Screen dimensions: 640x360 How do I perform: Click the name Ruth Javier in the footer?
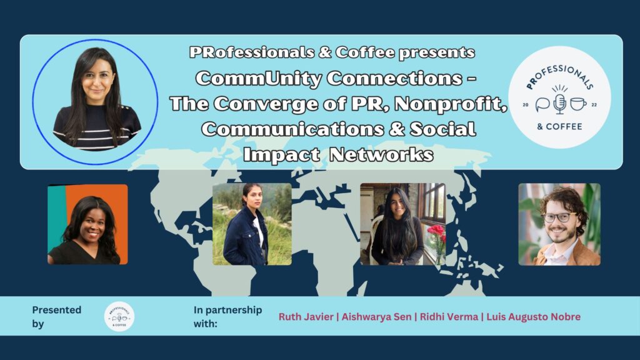click(x=306, y=317)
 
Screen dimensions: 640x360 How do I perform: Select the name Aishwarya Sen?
click(x=376, y=317)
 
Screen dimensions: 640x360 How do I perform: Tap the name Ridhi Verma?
click(x=449, y=317)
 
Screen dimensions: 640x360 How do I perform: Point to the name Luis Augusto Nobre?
click(x=534, y=317)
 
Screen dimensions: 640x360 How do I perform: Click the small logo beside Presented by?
click(x=119, y=317)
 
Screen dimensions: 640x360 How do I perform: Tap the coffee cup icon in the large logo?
click(x=578, y=104)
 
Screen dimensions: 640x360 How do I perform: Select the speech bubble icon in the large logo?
click(x=543, y=104)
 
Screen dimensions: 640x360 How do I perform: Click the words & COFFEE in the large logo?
click(x=559, y=126)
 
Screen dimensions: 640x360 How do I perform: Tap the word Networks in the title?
click(x=381, y=154)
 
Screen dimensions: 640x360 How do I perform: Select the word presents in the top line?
click(x=437, y=53)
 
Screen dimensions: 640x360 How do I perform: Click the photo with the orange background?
click(x=87, y=224)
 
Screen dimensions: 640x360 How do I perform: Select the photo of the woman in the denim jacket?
click(x=252, y=224)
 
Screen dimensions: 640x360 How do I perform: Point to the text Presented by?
click(x=57, y=317)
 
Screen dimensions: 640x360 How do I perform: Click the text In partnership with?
click(x=227, y=317)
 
